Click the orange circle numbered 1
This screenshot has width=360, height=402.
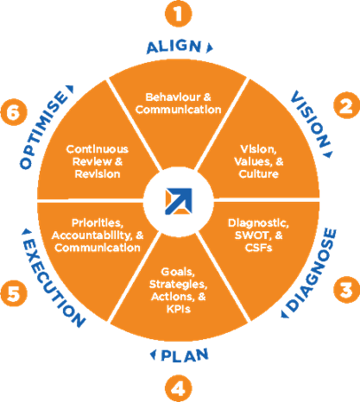pyautogui.click(x=179, y=14)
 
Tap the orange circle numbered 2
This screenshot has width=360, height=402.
pyautogui.click(x=346, y=105)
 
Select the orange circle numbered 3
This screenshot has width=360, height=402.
pyautogui.click(x=346, y=290)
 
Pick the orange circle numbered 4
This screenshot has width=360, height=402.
pyautogui.click(x=179, y=388)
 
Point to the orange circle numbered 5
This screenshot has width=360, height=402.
pyautogui.click(x=14, y=293)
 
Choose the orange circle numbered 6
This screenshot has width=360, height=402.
pyautogui.click(x=14, y=112)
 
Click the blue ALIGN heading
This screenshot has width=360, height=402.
pyautogui.click(x=174, y=47)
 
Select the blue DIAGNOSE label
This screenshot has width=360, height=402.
pyautogui.click(x=312, y=270)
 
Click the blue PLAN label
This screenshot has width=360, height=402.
pyautogui.click(x=185, y=355)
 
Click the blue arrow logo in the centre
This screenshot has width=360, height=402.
pyautogui.click(x=179, y=201)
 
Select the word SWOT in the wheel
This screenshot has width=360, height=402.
pyautogui.click(x=253, y=236)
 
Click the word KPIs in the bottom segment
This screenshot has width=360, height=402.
pyautogui.click(x=179, y=309)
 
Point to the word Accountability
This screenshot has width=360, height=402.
pyautogui.click(x=92, y=236)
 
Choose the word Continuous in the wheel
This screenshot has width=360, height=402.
pyautogui.click(x=98, y=149)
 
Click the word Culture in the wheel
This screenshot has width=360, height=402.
pyautogui.click(x=259, y=174)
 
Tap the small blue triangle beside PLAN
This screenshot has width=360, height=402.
pyautogui.click(x=153, y=355)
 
